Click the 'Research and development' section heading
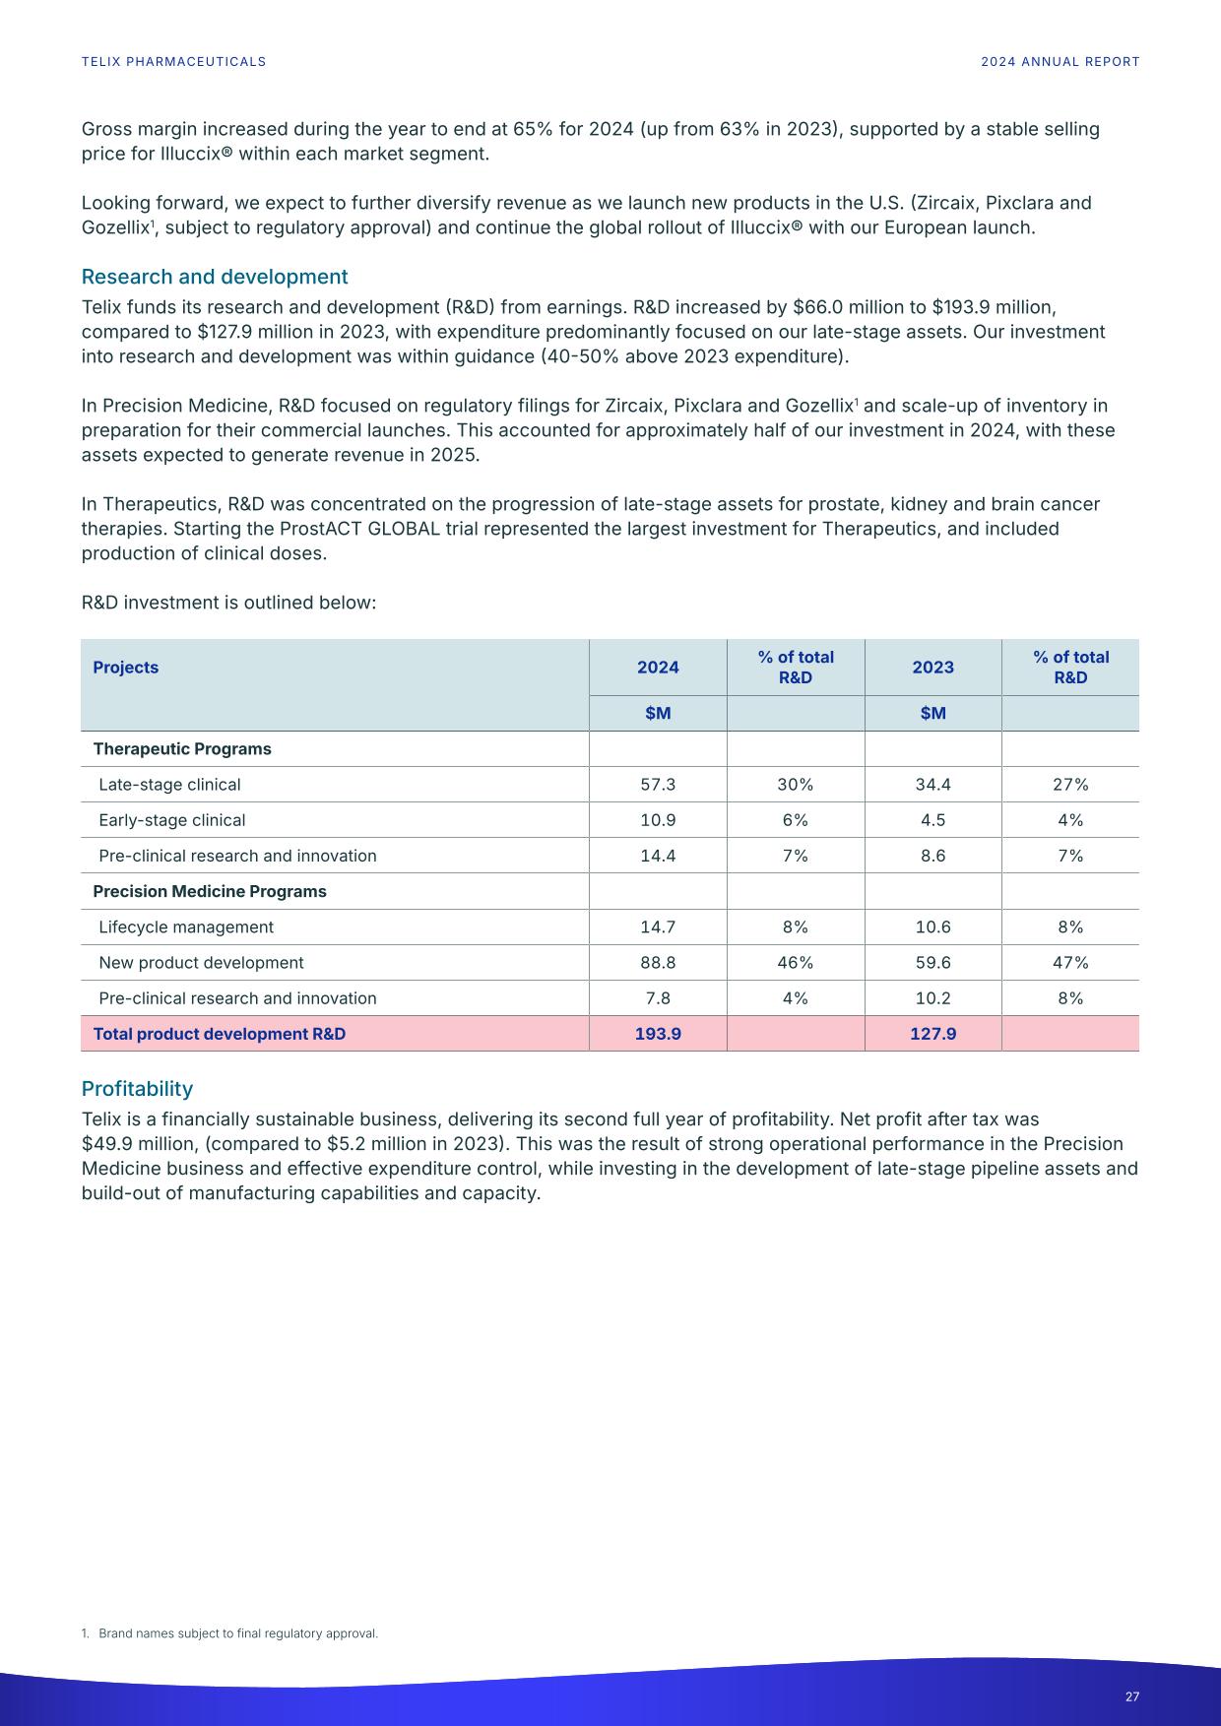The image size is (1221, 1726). pos(215,277)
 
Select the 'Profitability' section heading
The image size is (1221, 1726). pos(137,1089)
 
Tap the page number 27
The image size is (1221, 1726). pos(1131,1696)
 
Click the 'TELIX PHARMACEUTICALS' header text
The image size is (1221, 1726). pos(173,62)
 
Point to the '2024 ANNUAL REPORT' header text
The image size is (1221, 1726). pos(1060,62)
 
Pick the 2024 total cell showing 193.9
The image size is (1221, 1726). pos(658,1034)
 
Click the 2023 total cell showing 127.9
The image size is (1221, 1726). pos(932,1034)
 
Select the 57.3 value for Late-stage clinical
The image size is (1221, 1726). pos(658,785)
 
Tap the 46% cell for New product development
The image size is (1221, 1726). pos(795,963)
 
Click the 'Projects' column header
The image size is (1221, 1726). pos(126,668)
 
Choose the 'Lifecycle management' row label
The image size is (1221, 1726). pos(186,927)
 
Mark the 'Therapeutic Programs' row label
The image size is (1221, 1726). pos(182,749)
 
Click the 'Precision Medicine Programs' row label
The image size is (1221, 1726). pos(210,892)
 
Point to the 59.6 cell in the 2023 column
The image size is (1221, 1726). pos(932,963)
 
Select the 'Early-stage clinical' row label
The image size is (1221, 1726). pos(172,820)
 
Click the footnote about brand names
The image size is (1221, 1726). pos(229,1633)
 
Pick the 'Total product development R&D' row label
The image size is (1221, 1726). pos(220,1034)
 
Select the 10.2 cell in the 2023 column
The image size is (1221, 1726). pos(932,998)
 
